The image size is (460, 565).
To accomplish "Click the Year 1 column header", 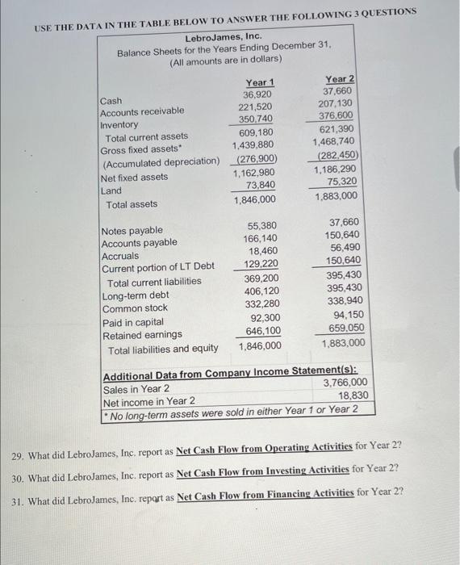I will click(259, 82).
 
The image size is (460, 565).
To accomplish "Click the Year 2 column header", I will click(340, 78).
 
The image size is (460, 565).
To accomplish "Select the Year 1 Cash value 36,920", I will click(259, 94).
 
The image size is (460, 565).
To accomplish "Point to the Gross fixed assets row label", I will click(135, 150).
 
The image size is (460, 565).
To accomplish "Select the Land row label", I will click(111, 190).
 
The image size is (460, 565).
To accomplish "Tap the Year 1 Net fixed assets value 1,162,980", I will click(254, 173).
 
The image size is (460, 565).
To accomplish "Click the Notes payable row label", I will click(131, 231).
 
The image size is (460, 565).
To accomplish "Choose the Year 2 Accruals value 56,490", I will click(345, 248).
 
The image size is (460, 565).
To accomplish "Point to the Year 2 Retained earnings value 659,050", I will click(343, 329).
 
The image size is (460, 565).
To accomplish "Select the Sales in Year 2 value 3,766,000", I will click(345, 383).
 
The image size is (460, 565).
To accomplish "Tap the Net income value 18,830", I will click(353, 395).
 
